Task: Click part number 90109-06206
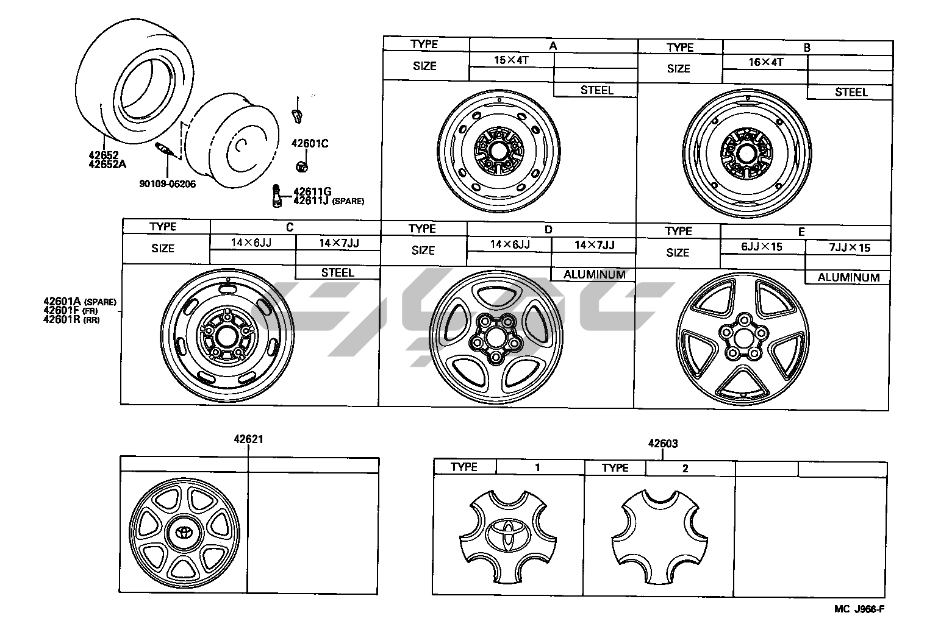[x=168, y=184]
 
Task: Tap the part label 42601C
[x=310, y=143]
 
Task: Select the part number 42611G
[x=312, y=191]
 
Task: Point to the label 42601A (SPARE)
[x=80, y=302]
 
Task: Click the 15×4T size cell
[x=512, y=60]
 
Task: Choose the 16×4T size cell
[x=765, y=62]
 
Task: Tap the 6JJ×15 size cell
[x=762, y=247]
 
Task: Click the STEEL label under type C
[x=338, y=273]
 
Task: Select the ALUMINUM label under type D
[x=594, y=274]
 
